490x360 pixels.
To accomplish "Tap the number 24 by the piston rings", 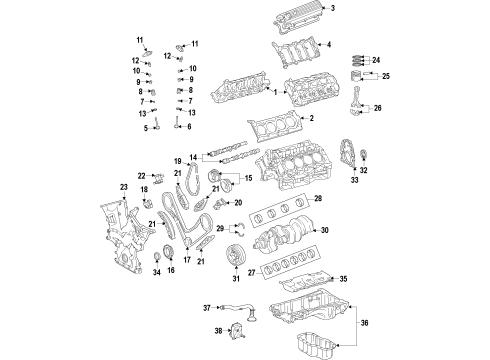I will [376, 61].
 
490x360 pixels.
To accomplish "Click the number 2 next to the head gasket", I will [312, 119].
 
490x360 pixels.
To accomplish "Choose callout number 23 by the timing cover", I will [124, 187].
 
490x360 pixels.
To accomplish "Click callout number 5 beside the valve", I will [145, 128].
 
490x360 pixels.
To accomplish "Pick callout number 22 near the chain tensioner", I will [142, 176].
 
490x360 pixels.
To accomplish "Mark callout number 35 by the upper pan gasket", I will [342, 279].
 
